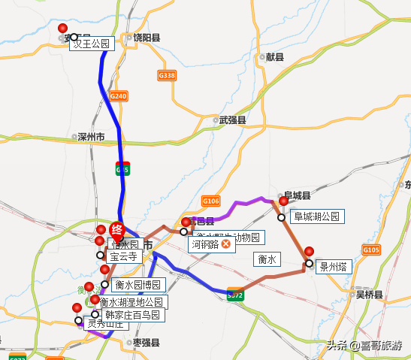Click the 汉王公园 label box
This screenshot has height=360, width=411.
click(92, 44)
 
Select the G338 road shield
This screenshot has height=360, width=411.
click(167, 75)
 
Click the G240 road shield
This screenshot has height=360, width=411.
click(119, 96)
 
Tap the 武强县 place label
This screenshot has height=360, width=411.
click(232, 119)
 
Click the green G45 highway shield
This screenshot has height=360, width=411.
click(122, 168)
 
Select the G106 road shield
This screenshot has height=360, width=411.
click(210, 201)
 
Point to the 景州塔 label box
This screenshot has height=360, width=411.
click(332, 266)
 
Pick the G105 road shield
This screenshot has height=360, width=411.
click(371, 250)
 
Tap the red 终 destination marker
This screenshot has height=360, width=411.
click(116, 230)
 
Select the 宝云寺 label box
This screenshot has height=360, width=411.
click(124, 256)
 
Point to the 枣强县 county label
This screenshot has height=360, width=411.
click(146, 342)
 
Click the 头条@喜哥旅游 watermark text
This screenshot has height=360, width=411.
click(364, 346)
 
